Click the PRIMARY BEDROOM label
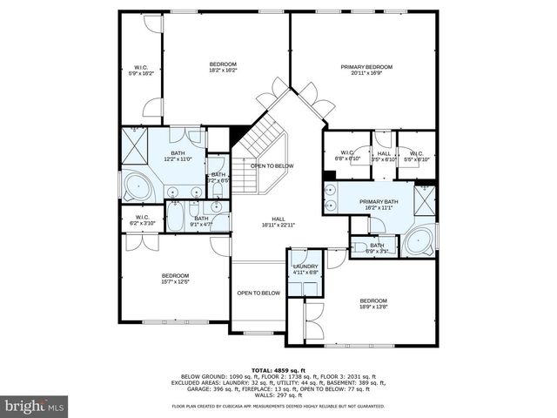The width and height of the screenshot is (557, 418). pos(366,67)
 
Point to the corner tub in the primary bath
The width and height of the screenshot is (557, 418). pos(419,239)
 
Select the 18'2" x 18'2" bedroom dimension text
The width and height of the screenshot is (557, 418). pos(223,71)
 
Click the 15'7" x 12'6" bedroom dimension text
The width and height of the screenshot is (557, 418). pos(175,281)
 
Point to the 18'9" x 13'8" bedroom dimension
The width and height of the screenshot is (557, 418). pos(373,306)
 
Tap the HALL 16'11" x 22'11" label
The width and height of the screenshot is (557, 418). pos(278,225)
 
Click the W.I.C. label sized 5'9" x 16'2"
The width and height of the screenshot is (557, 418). pos(141,74)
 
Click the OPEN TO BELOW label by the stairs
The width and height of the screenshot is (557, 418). pos(272,165)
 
